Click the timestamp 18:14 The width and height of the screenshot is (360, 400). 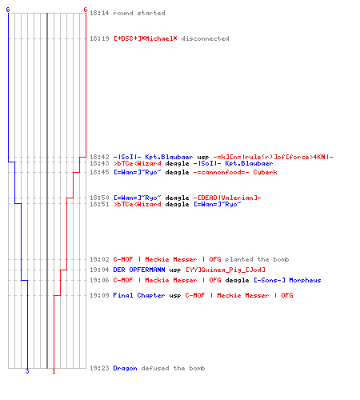point(99,13)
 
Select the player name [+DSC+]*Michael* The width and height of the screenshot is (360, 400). point(146,38)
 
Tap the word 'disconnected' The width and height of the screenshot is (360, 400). point(205,38)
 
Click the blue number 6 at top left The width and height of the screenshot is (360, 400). point(8,10)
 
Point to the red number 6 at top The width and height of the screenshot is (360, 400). point(86,10)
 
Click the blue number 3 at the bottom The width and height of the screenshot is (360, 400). point(27,371)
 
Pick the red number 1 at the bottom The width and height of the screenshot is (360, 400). point(54,371)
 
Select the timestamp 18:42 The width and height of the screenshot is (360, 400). point(99,157)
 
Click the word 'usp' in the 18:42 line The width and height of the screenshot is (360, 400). point(203,158)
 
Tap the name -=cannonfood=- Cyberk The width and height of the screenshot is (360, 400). point(235,172)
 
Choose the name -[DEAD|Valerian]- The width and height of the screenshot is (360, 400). point(227,198)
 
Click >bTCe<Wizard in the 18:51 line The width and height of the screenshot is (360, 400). point(138,204)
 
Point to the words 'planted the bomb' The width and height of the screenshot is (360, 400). point(257,259)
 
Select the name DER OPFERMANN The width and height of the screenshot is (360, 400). point(139,270)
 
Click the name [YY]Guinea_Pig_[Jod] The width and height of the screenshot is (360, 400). point(226,270)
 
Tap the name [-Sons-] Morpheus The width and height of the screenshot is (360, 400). point(287,280)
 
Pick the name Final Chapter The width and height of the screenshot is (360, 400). point(139,295)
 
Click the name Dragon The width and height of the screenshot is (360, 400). point(125,368)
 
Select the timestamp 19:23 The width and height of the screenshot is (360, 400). point(99,368)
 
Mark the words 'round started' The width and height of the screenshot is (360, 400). point(139,13)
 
